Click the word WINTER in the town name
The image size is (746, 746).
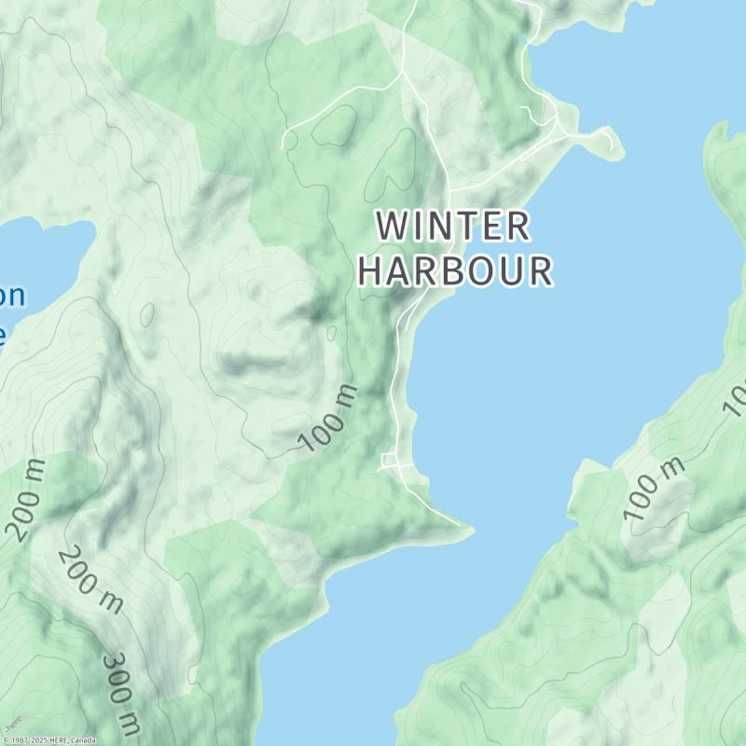coord(454,226)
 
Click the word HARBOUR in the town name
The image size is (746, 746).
coord(455,271)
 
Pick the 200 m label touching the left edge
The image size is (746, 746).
coord(26,503)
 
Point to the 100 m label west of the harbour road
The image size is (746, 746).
coord(329,418)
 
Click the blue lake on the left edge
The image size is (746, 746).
coord(42,261)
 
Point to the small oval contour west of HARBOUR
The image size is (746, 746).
coord(147,314)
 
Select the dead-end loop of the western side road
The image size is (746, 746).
coord(289,141)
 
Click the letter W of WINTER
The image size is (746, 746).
coord(393,226)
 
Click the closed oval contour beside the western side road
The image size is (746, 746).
coord(337,126)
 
